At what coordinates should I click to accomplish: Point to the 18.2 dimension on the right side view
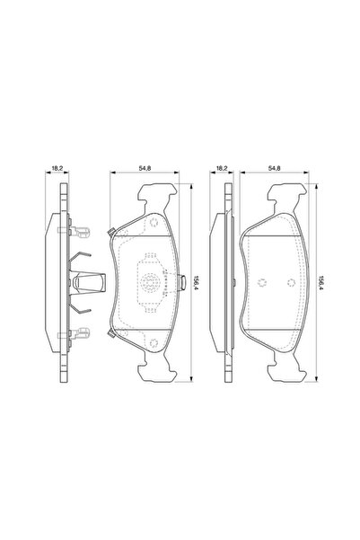pos(222,167)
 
